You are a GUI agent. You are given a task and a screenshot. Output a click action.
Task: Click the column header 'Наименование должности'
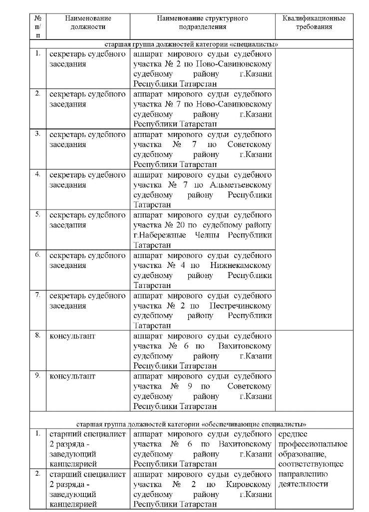tap(88, 22)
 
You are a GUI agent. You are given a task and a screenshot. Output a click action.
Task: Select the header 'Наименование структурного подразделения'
tap(202, 22)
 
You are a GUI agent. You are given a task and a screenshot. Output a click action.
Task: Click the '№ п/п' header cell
tap(38, 26)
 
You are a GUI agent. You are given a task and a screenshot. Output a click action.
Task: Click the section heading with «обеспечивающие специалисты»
tap(191, 423)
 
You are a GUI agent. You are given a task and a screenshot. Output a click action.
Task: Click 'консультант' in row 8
tap(72, 335)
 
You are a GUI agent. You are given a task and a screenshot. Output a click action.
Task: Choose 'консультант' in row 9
tap(72, 375)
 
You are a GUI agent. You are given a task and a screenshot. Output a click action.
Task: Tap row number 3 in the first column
tap(38, 133)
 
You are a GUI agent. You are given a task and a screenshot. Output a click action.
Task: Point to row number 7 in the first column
tap(38, 294)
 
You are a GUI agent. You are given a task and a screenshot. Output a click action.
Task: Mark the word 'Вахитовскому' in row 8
tap(245, 345)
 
